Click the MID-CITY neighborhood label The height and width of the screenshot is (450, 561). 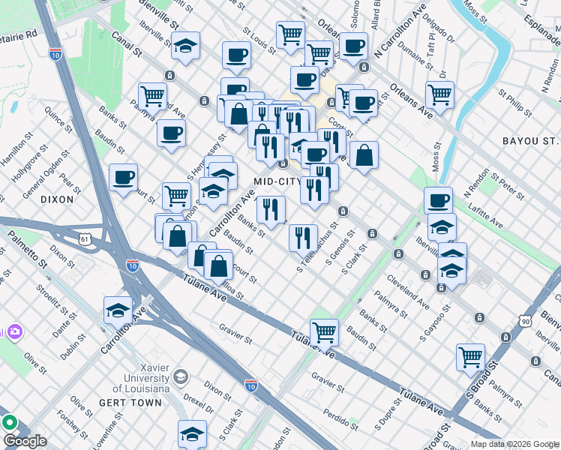click(x=277, y=181)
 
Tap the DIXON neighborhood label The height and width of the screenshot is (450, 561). click(x=57, y=199)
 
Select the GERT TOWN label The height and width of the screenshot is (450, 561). click(x=130, y=403)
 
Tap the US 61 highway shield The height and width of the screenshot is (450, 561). click(x=85, y=239)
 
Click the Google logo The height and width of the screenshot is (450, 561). click(x=25, y=441)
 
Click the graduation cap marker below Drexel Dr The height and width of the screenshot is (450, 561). click(x=192, y=433)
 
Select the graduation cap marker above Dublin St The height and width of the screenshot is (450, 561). click(x=118, y=309)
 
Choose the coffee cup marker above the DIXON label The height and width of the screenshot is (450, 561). click(x=123, y=177)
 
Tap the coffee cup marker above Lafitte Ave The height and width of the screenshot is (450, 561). click(x=438, y=199)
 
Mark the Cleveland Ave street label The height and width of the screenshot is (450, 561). click(x=408, y=293)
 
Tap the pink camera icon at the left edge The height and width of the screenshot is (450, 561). click(x=13, y=331)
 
